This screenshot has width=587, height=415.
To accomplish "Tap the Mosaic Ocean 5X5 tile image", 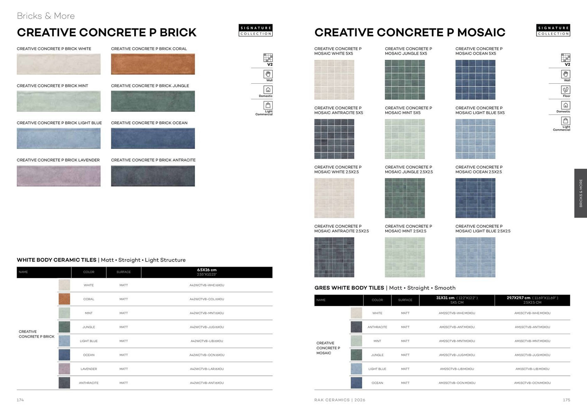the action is click(x=475, y=79).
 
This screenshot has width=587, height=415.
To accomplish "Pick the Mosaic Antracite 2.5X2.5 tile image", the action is click(x=334, y=257).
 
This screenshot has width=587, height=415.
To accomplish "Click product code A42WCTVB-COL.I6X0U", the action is click(x=207, y=299).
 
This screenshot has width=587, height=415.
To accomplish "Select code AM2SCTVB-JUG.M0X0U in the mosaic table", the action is click(x=457, y=355).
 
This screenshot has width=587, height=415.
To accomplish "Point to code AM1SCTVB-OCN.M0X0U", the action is click(x=532, y=383).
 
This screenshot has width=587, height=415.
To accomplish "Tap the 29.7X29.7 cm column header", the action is click(x=532, y=300).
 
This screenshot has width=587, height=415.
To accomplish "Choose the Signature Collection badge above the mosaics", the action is click(x=553, y=31).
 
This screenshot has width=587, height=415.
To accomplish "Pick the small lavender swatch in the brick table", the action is click(x=64, y=369).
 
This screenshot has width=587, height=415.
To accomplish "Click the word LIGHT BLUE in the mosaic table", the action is click(x=377, y=369).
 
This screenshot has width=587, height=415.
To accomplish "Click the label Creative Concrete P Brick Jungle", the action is click(x=150, y=86).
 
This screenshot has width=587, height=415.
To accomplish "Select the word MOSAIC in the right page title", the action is click(x=481, y=32).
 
